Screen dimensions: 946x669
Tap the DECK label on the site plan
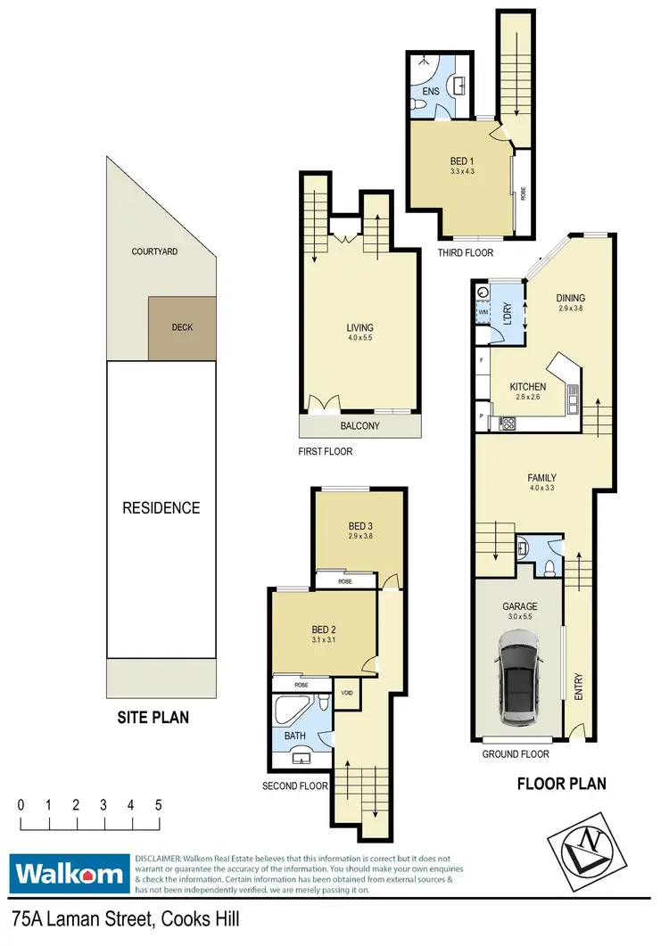coord(181,327)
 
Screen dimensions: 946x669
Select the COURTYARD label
coord(154,251)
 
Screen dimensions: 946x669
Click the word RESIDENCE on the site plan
coord(161,508)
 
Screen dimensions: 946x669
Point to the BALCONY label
coord(360,426)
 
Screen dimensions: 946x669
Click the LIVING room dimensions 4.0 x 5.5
coord(360,339)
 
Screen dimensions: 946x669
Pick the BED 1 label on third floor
coord(465,161)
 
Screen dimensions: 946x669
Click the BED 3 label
coord(360,526)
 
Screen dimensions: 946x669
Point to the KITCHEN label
coord(527,386)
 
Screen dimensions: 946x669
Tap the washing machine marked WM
coord(483,311)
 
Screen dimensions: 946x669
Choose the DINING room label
coord(570,299)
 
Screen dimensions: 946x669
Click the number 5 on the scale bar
coord(159,804)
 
